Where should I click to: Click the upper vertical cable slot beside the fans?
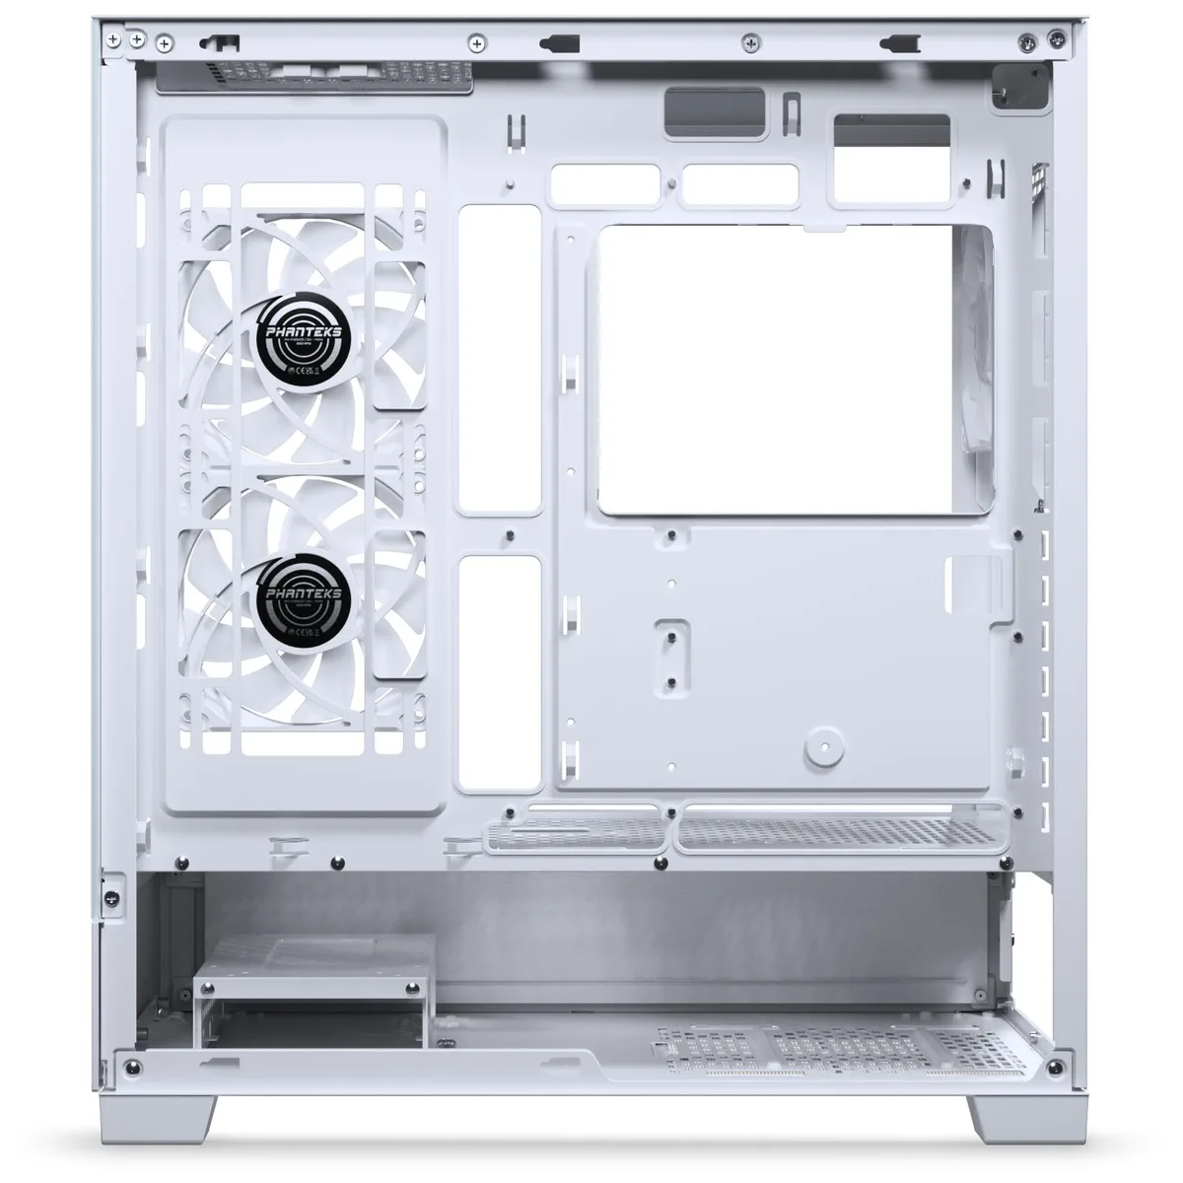(x=500, y=359)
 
